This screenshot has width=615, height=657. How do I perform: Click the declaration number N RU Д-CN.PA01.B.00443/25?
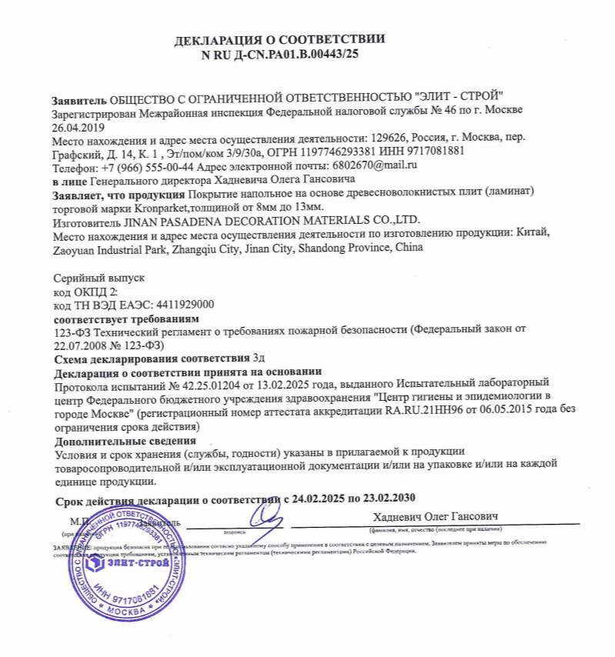pyautogui.click(x=279, y=55)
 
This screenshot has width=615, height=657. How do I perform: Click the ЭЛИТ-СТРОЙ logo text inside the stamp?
pyautogui.click(x=128, y=561)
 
